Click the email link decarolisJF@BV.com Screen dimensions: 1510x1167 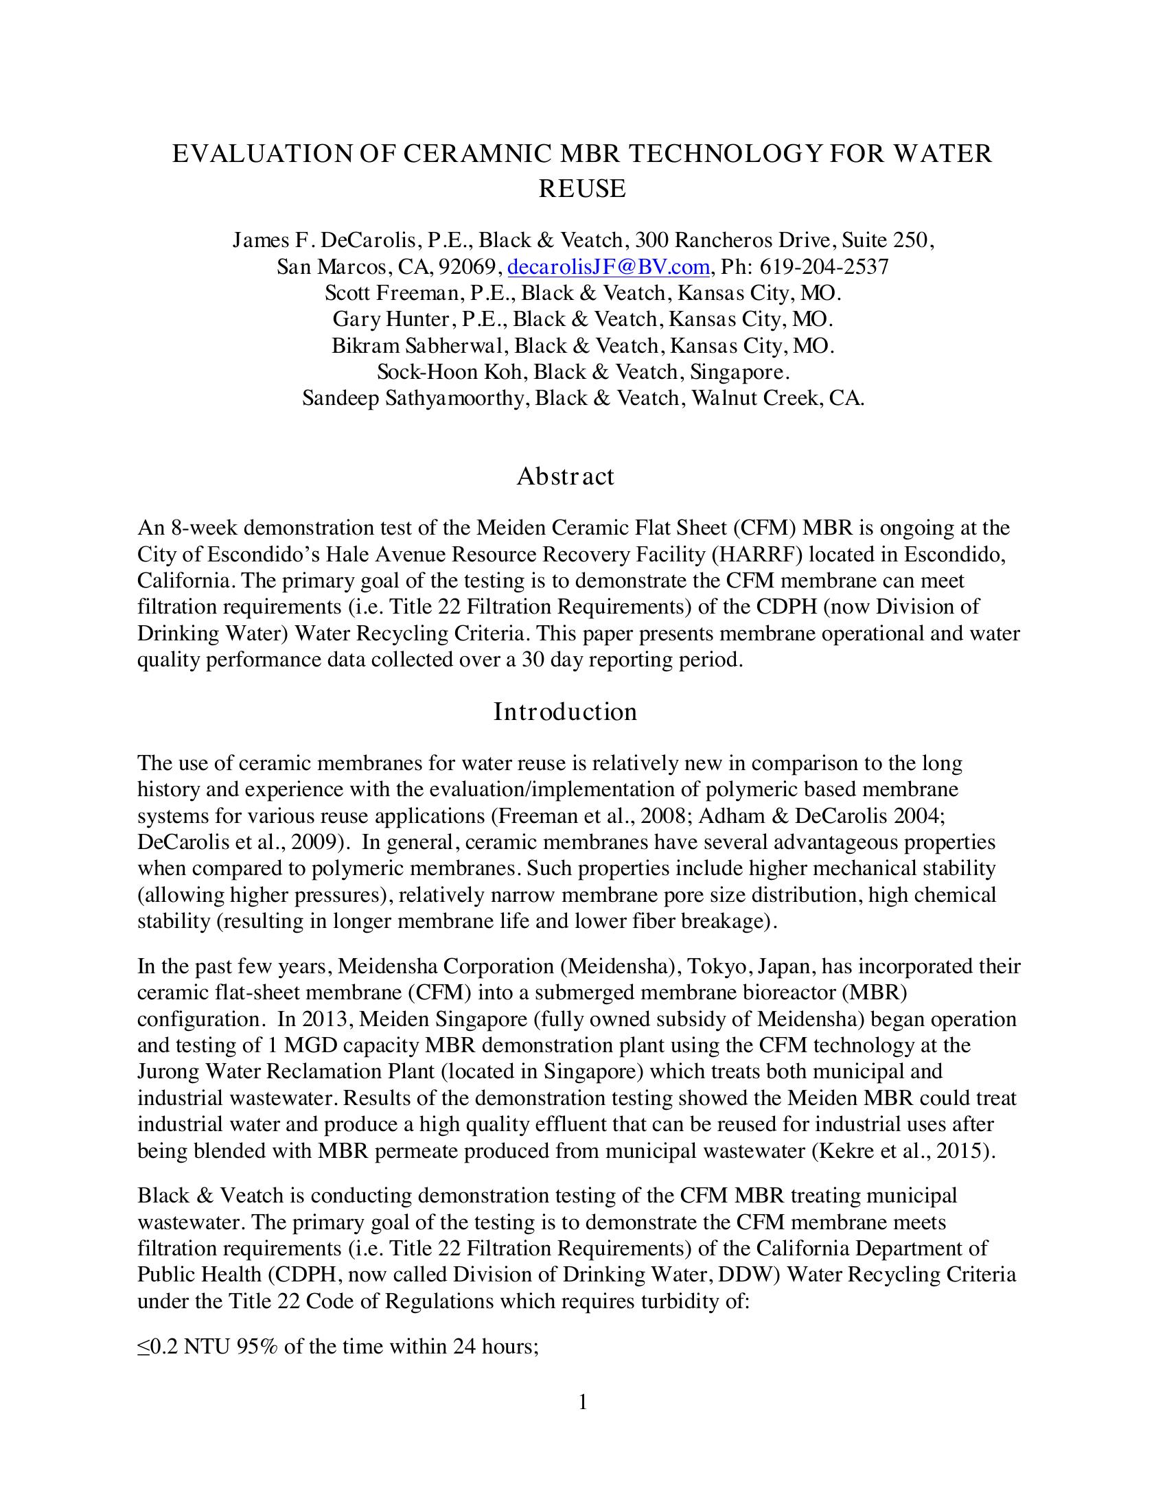coord(608,267)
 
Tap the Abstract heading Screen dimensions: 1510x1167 coord(565,476)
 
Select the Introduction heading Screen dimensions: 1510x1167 coord(565,712)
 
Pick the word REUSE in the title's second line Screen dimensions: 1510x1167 coord(582,189)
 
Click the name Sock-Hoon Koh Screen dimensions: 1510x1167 coord(453,372)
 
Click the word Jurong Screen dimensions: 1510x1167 coord(168,1071)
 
